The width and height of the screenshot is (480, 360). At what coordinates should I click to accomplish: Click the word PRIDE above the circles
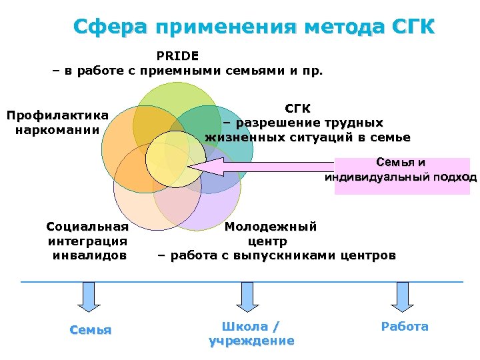(177, 55)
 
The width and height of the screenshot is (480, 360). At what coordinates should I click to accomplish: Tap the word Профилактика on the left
(57, 115)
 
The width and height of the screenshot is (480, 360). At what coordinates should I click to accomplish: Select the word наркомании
(57, 129)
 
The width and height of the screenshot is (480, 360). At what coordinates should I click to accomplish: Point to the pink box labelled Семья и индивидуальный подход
(401, 175)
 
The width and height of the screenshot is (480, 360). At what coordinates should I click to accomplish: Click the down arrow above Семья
(89, 296)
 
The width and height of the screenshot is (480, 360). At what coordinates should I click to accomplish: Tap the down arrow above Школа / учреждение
(247, 296)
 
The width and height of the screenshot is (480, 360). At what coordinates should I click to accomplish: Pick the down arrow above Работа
(402, 296)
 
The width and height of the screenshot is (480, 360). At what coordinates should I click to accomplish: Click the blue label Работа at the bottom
(405, 327)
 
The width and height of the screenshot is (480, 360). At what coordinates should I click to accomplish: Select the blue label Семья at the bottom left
(91, 330)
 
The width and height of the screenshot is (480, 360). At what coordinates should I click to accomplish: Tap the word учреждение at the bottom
(251, 341)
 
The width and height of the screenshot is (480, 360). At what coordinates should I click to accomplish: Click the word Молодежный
(271, 226)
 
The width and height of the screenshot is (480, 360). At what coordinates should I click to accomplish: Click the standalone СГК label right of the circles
(297, 108)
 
